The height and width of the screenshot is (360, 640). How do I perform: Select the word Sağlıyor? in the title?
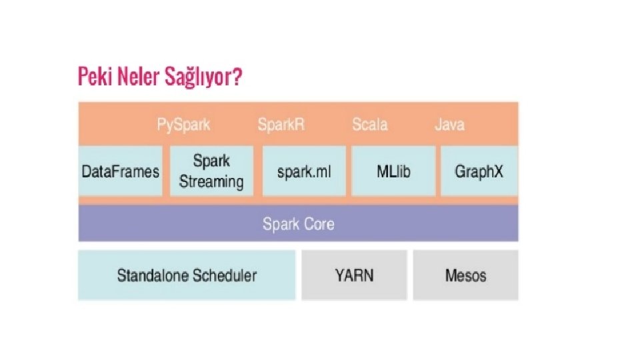[x=203, y=79]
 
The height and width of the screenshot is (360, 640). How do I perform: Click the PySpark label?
[x=183, y=125]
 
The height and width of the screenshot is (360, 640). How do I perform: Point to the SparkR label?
[x=281, y=125]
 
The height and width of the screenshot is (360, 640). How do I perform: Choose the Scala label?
[x=369, y=125]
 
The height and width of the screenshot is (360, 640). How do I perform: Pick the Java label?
[x=449, y=125]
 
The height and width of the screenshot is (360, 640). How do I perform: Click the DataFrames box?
[x=120, y=171]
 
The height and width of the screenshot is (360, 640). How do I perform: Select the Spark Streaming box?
[x=211, y=171]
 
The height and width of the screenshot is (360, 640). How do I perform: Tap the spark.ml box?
[x=304, y=171]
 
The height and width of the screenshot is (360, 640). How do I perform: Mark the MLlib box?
[x=393, y=171]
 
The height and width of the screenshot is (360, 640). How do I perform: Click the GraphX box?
[x=479, y=171]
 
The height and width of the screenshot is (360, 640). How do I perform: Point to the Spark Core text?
[x=298, y=224]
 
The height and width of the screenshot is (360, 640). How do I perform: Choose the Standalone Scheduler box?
[x=187, y=275]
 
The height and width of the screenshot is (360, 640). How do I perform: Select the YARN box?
[x=354, y=275]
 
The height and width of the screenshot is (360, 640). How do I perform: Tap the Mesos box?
[x=465, y=275]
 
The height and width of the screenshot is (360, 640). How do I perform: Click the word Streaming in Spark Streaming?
[x=211, y=182]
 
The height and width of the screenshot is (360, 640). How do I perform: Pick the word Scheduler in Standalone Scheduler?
[x=223, y=275]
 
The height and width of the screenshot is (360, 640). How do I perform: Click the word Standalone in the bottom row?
[x=151, y=275]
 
